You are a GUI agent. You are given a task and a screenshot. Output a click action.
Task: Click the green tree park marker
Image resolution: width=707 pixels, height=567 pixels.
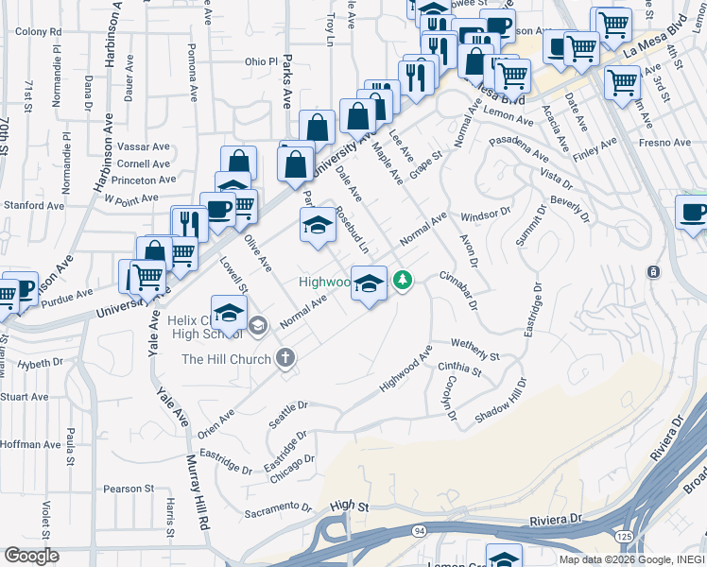(x=403, y=280)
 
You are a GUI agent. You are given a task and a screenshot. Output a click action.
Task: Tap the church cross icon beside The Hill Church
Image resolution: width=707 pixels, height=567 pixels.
(x=286, y=359)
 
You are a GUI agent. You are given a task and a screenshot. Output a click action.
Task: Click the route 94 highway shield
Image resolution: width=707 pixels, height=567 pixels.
(x=419, y=531)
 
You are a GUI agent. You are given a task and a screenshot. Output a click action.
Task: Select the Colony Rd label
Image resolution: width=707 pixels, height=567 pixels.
(x=38, y=32)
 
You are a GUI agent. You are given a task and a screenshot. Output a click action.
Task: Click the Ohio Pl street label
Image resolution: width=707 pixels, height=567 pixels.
(x=262, y=61)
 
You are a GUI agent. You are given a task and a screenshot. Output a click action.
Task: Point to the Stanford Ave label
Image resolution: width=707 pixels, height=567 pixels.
(x=33, y=205)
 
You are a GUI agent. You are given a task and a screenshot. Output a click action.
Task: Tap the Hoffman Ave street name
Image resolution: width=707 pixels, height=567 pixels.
(x=30, y=444)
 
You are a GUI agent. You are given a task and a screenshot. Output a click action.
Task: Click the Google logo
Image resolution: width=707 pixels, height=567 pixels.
(x=31, y=555)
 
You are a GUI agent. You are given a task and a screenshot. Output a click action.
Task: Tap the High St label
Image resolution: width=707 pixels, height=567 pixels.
(x=349, y=507)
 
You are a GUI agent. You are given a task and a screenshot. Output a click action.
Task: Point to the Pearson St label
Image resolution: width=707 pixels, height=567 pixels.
(x=129, y=489)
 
